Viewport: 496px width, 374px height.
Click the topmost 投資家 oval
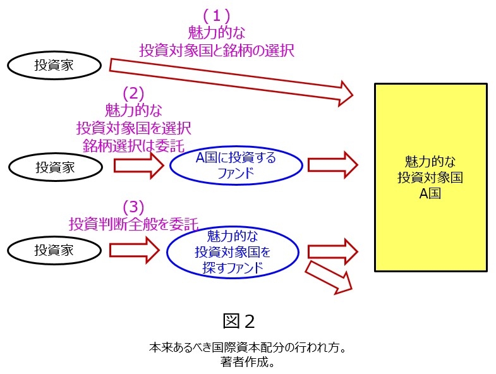pyautogui.click(x=55, y=65)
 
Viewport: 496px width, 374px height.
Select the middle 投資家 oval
pyautogui.click(x=55, y=167)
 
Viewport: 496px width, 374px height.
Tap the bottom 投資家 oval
pyautogui.click(x=54, y=250)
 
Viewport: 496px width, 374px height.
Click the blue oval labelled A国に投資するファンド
pyautogui.click(x=235, y=166)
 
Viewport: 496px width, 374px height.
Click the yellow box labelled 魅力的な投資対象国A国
pyautogui.click(x=430, y=178)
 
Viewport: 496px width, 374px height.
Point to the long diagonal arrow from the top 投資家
pyautogui.click(x=231, y=79)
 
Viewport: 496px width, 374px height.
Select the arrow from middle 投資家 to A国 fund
pyautogui.click(x=138, y=166)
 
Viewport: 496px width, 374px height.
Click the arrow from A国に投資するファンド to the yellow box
pyautogui.click(x=332, y=165)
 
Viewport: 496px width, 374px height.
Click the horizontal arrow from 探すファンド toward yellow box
pyautogui.click(x=332, y=251)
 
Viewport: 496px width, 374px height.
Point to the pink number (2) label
pyautogui.click(x=133, y=93)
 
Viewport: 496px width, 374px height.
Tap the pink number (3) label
pyautogui.click(x=133, y=207)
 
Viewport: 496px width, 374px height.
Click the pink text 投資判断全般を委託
pyautogui.click(x=133, y=223)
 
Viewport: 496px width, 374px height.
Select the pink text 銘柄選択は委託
pyautogui.click(x=133, y=145)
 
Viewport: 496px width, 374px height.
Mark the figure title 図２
pyautogui.click(x=239, y=321)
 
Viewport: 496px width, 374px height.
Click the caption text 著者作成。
pyautogui.click(x=248, y=362)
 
